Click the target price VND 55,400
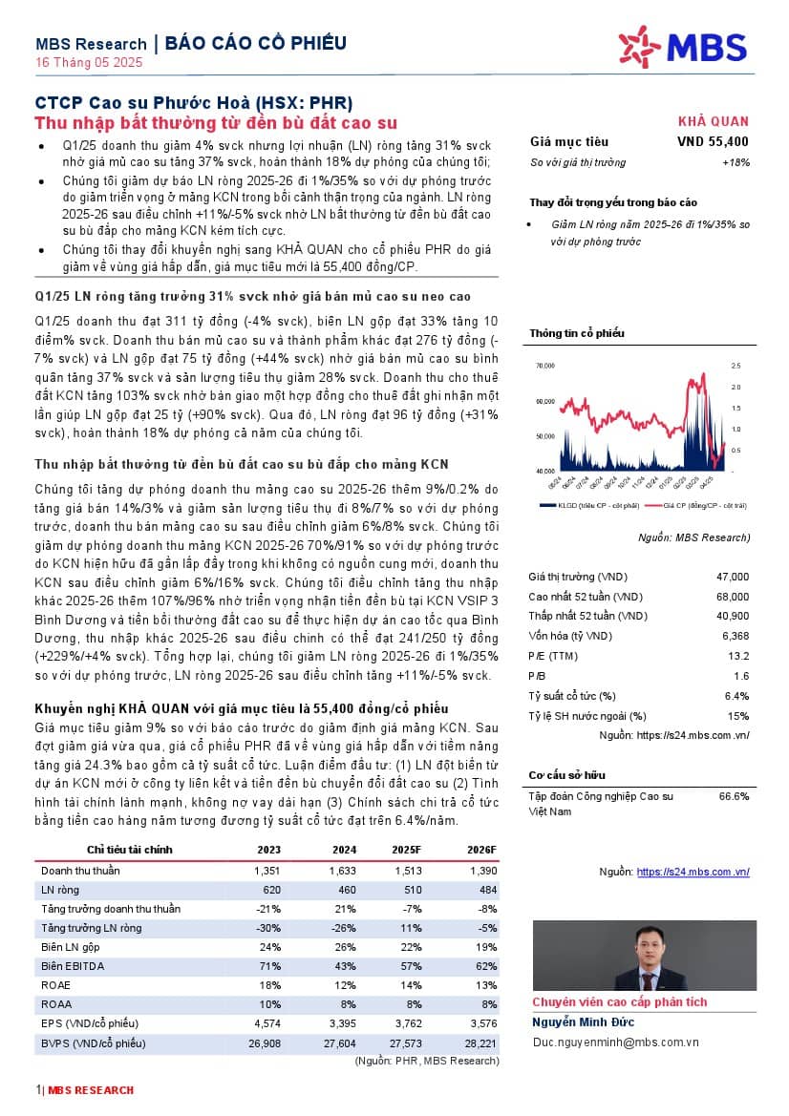pyautogui.click(x=713, y=142)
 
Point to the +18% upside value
pyautogui.click(x=735, y=163)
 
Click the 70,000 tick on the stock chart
pyautogui.click(x=545, y=366)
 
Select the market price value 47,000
pyautogui.click(x=733, y=577)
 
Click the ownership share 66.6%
pyautogui.click(x=734, y=796)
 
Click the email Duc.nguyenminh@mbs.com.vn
pyautogui.click(x=615, y=1043)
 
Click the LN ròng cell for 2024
pyautogui.click(x=343, y=890)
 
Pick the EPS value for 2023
pyautogui.click(x=267, y=1024)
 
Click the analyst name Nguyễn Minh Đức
pyautogui.click(x=583, y=1022)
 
